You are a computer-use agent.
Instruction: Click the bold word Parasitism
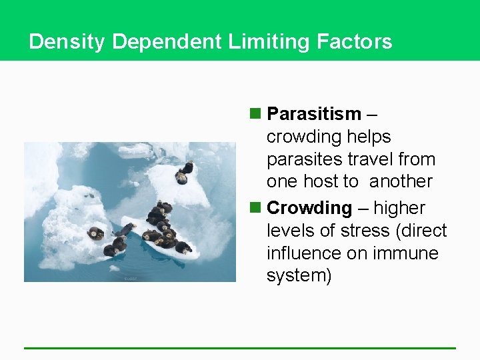313,114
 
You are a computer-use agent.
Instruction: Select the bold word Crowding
309,208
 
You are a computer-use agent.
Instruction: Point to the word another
401,181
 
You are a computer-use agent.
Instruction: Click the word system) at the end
299,276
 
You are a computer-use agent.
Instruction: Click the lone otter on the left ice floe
96,233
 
